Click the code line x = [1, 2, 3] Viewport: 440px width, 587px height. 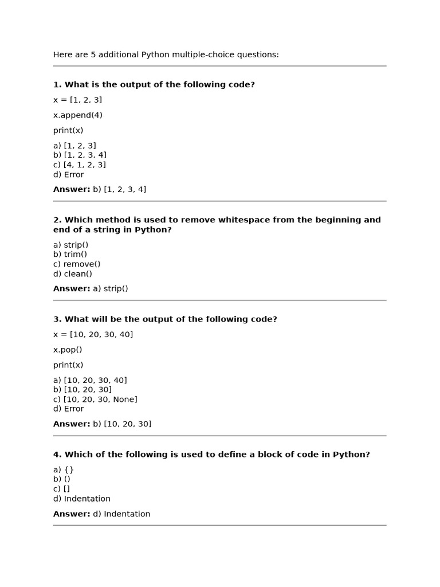coord(77,100)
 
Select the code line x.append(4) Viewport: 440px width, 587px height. coord(78,115)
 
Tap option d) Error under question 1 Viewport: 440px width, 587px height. coord(68,175)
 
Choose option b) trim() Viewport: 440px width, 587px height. coord(70,255)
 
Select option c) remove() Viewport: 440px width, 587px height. coord(77,264)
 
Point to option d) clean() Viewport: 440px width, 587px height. coord(73,274)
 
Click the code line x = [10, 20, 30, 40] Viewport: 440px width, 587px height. coord(93,334)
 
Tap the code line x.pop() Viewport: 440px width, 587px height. coord(68,350)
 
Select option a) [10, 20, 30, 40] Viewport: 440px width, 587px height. coord(90,380)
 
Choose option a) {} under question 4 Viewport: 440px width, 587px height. coord(64,469)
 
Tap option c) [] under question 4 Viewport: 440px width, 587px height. coord(61,489)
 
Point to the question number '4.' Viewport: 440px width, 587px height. coord(57,455)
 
